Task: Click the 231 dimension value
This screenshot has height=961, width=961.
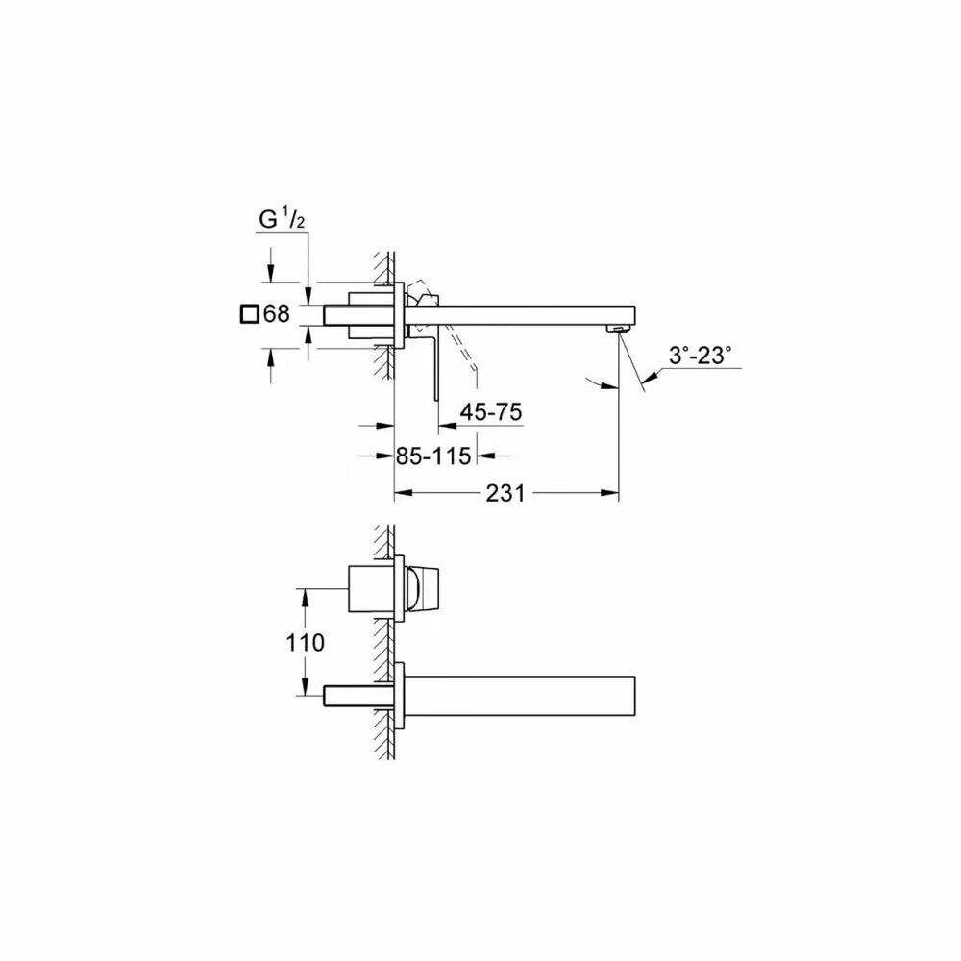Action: tap(505, 493)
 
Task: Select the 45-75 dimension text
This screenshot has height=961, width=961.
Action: tap(491, 412)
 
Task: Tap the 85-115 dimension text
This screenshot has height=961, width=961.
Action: tap(433, 456)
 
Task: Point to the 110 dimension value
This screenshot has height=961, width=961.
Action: tap(305, 642)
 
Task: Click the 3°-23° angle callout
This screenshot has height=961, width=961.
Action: tap(700, 356)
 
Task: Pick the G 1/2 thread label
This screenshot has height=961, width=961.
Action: tap(282, 219)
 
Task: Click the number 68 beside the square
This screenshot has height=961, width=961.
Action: tap(277, 314)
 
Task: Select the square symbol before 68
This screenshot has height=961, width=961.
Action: tap(249, 314)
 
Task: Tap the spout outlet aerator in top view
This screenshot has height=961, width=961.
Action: tap(617, 330)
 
